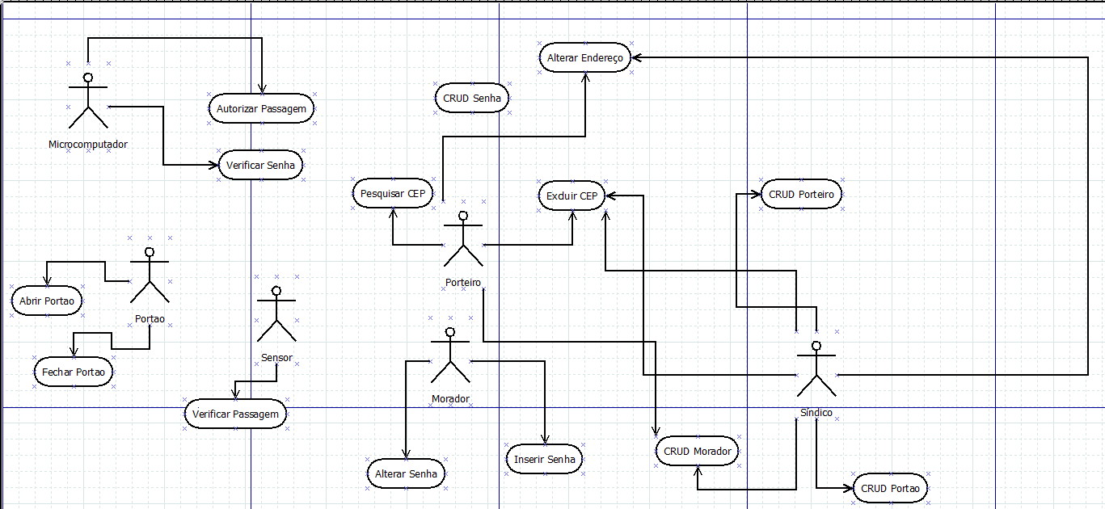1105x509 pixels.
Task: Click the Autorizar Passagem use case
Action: click(261, 108)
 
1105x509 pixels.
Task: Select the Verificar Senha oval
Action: click(260, 165)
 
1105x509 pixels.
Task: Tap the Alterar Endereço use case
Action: click(585, 58)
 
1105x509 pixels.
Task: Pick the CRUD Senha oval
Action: click(472, 99)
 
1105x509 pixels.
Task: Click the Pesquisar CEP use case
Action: click(393, 194)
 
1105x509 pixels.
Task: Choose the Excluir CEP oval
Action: click(571, 196)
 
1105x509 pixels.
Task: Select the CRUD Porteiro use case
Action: click(801, 195)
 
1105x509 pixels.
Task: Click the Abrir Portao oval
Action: click(47, 301)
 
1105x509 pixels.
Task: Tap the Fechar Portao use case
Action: click(73, 372)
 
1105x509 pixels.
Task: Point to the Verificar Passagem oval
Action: click(235, 414)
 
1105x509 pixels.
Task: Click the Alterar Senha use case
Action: click(406, 474)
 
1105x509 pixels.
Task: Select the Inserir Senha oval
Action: click(545, 460)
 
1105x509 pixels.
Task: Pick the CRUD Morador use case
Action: click(698, 452)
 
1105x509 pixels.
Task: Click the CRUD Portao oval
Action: click(890, 489)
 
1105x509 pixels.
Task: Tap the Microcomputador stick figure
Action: click(88, 101)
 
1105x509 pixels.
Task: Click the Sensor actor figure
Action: click(276, 314)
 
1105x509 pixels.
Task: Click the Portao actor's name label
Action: click(150, 319)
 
